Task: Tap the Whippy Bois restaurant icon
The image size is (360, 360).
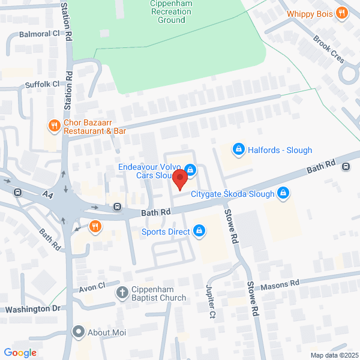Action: [x=342, y=12]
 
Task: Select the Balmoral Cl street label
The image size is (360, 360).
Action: [x=40, y=34]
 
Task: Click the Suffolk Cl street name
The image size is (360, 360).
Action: [x=42, y=85]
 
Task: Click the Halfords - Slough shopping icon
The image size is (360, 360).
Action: [x=238, y=149]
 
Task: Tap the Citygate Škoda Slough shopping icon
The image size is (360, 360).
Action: [x=284, y=193]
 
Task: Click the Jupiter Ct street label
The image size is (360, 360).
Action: [x=211, y=302]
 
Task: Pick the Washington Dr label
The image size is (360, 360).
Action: [x=33, y=309]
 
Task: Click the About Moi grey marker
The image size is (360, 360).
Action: [x=78, y=332]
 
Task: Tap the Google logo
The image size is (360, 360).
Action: [x=20, y=353]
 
